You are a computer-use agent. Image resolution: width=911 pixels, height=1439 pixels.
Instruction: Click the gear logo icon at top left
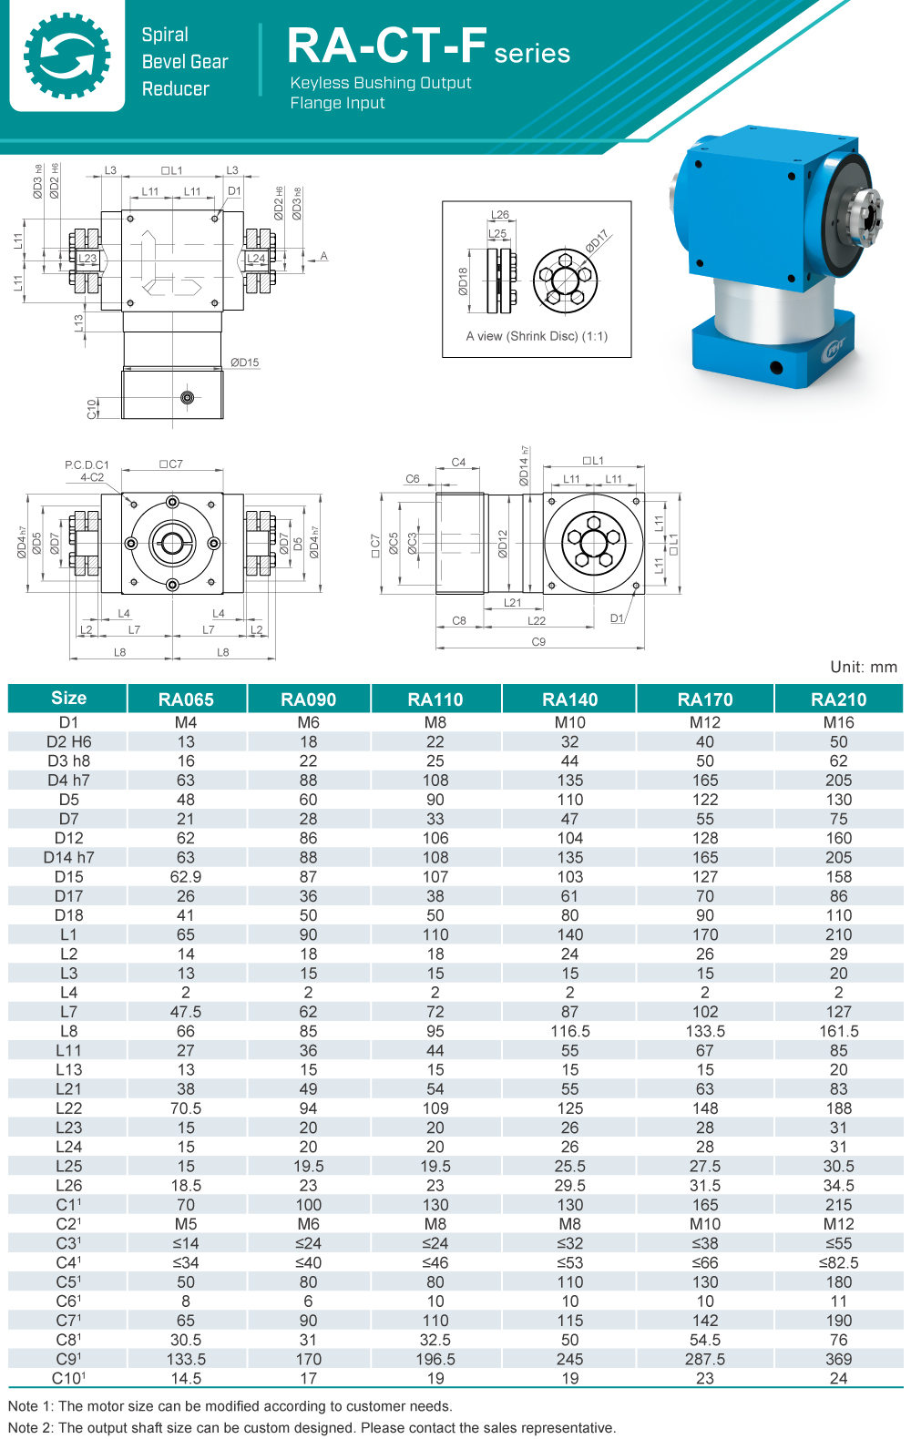[x=67, y=56]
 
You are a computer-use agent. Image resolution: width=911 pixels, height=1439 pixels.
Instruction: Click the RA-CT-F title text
[x=387, y=46]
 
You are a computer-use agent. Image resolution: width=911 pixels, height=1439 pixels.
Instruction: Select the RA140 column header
[x=569, y=699]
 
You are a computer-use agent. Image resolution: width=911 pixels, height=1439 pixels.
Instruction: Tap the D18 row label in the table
[x=68, y=915]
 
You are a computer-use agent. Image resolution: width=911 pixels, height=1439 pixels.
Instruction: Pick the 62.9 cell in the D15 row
[x=186, y=877]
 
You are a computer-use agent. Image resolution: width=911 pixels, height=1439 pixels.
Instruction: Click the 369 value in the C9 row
[x=838, y=1360]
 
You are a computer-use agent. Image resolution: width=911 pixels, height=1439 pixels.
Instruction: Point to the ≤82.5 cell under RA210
[x=838, y=1263]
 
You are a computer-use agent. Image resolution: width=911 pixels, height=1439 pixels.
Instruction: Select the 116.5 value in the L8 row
[x=569, y=1032]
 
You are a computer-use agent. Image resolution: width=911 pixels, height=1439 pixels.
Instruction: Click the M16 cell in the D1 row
[x=838, y=722]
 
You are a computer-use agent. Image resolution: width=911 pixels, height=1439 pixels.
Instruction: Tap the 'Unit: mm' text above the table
[x=863, y=667]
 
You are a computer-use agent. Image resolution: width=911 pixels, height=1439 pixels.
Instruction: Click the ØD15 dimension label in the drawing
[x=244, y=362]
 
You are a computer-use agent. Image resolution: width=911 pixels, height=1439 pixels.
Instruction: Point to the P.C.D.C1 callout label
[x=87, y=464]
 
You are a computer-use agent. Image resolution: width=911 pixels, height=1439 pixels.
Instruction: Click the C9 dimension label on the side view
[x=538, y=642]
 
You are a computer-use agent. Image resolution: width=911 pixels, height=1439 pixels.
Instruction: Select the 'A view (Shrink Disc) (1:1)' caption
[x=537, y=336]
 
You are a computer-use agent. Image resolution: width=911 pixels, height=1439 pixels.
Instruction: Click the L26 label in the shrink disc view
[x=500, y=215]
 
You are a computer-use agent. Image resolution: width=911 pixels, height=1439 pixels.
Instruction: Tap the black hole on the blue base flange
[x=776, y=368]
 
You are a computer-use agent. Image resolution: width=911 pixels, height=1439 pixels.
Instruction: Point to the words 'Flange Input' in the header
[x=337, y=103]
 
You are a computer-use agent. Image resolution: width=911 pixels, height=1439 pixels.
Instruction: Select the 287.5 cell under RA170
[x=704, y=1360]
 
